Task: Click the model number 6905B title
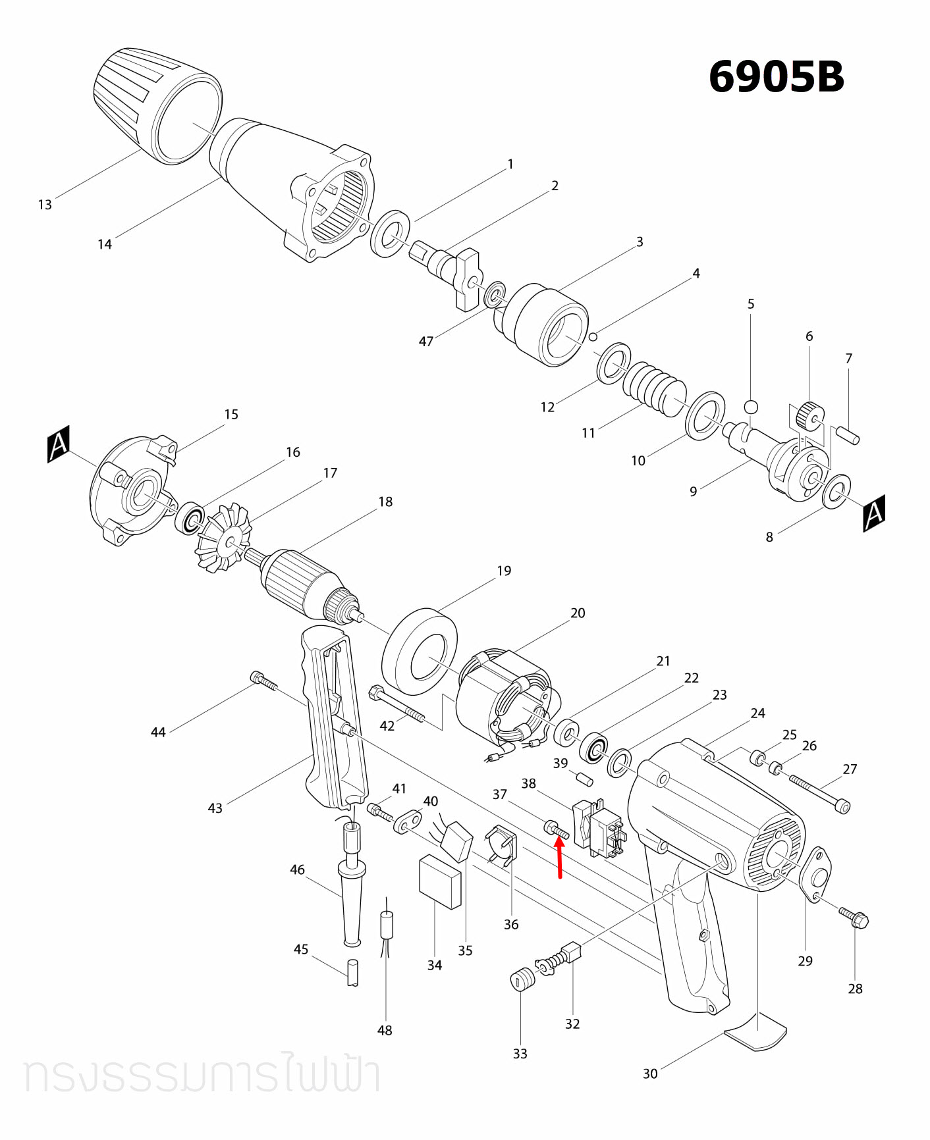(x=776, y=77)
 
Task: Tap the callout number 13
(x=45, y=205)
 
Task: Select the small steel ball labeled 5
(x=751, y=406)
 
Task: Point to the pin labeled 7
(x=848, y=436)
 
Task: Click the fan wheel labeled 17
(x=224, y=538)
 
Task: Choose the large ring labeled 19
(x=420, y=652)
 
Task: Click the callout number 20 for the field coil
(x=578, y=613)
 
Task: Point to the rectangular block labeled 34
(x=440, y=881)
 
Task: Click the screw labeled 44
(x=263, y=681)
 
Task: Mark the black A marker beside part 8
(x=874, y=513)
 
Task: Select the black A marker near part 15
(x=59, y=444)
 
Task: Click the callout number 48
(x=385, y=1030)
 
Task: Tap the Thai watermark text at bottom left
(x=201, y=1075)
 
